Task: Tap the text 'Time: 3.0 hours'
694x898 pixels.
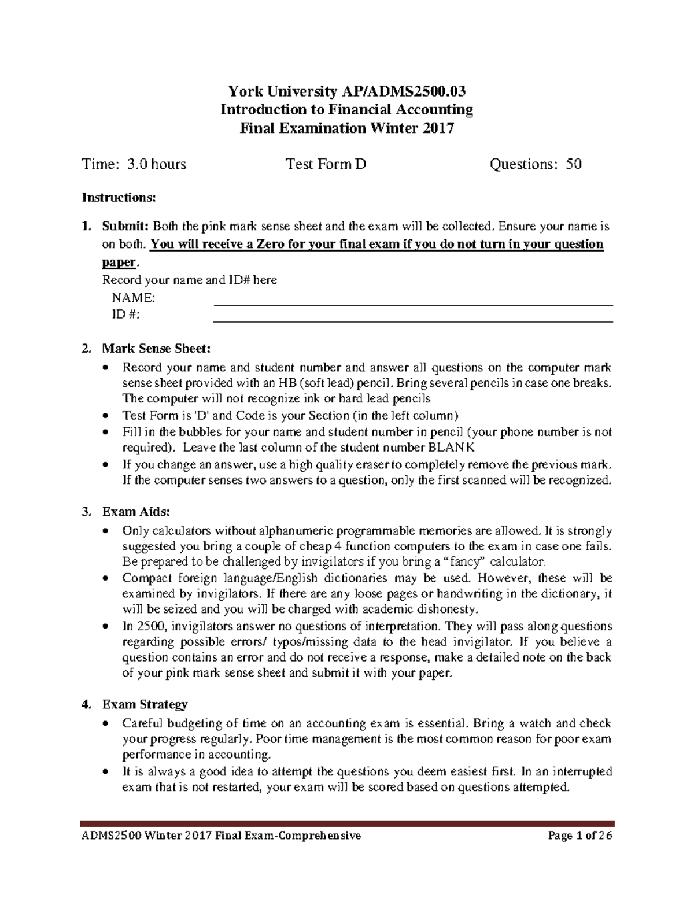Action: tap(134, 165)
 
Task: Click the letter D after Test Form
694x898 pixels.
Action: tap(360, 165)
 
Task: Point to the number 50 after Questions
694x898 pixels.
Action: tap(574, 165)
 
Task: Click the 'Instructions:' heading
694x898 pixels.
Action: tap(119, 198)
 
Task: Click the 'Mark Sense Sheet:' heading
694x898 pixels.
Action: tap(157, 349)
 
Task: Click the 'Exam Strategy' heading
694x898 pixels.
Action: tap(145, 704)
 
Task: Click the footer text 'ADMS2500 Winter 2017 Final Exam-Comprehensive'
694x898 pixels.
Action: tap(220, 836)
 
